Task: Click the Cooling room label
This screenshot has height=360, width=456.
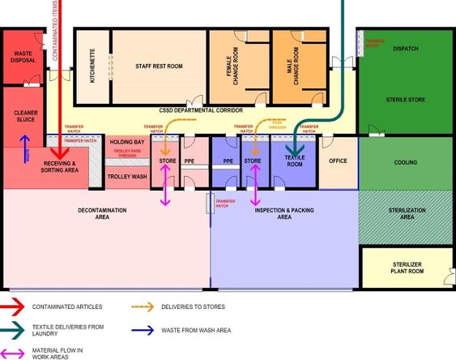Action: pyautogui.click(x=406, y=162)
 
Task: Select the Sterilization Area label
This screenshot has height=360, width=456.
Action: pyautogui.click(x=406, y=213)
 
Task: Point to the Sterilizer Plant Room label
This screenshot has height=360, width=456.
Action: pyautogui.click(x=407, y=267)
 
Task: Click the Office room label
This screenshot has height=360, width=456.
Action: pyautogui.click(x=337, y=161)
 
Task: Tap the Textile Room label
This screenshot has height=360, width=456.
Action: pyautogui.click(x=294, y=161)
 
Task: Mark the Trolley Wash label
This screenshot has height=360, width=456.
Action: pyautogui.click(x=127, y=176)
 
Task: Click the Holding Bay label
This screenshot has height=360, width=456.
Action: pyautogui.click(x=127, y=143)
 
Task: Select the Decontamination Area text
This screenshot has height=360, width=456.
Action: pyautogui.click(x=103, y=213)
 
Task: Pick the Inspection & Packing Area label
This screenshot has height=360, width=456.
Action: pyautogui.click(x=284, y=213)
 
